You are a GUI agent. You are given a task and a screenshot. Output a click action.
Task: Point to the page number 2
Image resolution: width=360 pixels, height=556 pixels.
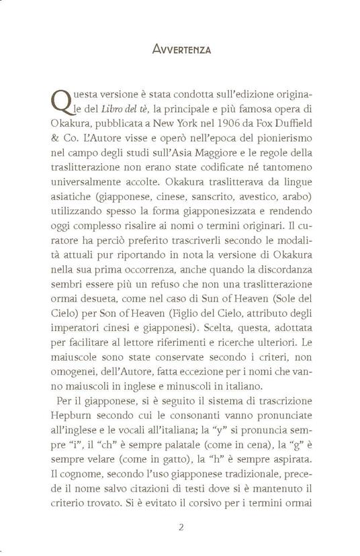179,528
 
